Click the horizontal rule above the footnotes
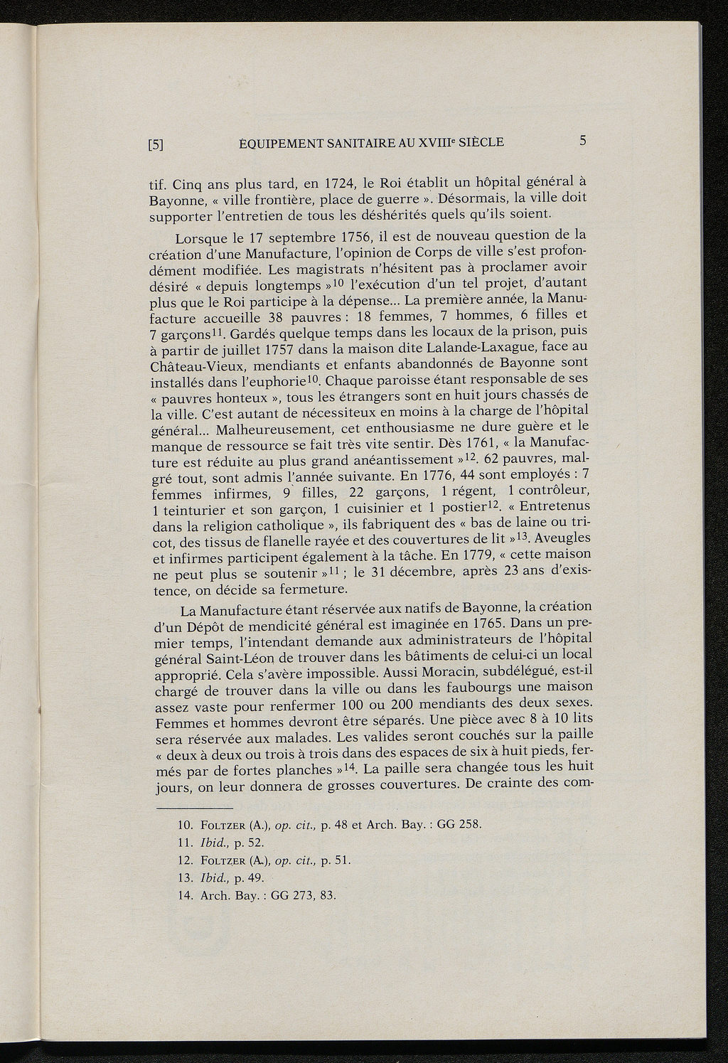194,809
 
